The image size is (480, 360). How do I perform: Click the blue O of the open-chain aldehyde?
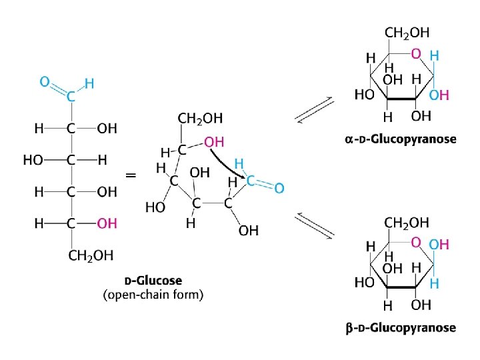[44, 82]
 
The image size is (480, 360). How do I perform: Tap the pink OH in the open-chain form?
[107, 223]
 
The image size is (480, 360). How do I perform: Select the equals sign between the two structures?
[131, 175]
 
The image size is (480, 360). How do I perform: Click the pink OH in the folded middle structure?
[214, 142]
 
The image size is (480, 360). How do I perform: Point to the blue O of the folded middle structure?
[279, 189]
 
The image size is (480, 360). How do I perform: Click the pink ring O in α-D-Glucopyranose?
[416, 53]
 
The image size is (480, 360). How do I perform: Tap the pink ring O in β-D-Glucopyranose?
[416, 242]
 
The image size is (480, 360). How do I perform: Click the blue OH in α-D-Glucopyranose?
[439, 95]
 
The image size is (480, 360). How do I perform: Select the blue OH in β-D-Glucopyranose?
[439, 245]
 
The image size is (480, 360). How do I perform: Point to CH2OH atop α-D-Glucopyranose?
[407, 32]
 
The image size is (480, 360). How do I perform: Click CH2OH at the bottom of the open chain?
[91, 255]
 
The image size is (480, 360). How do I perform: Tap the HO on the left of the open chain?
[33, 160]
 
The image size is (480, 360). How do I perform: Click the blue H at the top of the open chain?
[89, 84]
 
